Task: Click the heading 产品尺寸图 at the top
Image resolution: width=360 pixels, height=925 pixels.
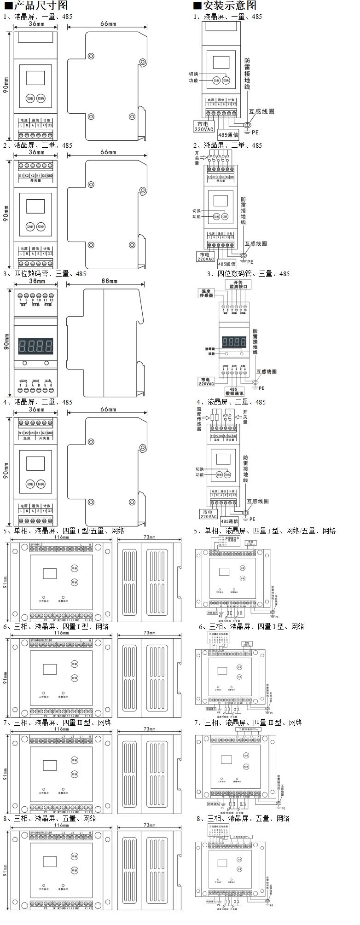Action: pos(35,6)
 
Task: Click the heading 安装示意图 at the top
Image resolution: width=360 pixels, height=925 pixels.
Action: pos(224,6)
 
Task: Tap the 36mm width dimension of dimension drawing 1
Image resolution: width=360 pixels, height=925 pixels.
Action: pos(36,23)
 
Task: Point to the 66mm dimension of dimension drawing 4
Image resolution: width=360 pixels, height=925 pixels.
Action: pos(108,409)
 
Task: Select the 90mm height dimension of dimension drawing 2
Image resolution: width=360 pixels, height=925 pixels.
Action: pos(6,214)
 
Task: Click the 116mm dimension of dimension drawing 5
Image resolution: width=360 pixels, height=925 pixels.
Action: pos(62,537)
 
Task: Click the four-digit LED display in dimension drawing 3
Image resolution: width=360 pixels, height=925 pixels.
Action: pos(35,345)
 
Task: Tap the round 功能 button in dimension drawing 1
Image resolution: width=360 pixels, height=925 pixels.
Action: pos(30,98)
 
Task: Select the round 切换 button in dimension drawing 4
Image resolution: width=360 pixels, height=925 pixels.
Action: pos(41,484)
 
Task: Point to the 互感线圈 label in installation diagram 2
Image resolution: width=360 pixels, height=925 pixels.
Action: pos(256,243)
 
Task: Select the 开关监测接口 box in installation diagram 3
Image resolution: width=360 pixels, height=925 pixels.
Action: pos(238,284)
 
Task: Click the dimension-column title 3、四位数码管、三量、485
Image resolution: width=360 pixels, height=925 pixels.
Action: pos(45,274)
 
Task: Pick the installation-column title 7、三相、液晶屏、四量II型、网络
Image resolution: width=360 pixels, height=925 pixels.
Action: pos(248,723)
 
